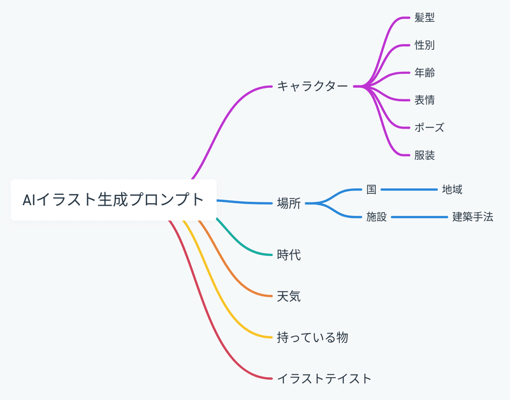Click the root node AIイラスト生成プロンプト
coord(113,200)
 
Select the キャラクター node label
coord(312,86)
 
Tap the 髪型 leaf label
coord(425,18)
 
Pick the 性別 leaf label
coord(425,45)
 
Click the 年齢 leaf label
coord(425,73)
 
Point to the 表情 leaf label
coord(425,100)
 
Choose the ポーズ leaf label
coord(429,127)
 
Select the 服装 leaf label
coord(425,155)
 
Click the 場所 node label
coord(289,204)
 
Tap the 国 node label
coord(371,189)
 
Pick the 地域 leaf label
coord(452,189)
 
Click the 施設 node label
coord(376,217)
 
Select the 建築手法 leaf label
coord(472,217)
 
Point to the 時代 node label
coord(289,255)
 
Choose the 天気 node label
coord(289,296)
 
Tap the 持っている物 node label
coord(312,338)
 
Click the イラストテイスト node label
coord(324,378)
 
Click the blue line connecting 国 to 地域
coord(408,189)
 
